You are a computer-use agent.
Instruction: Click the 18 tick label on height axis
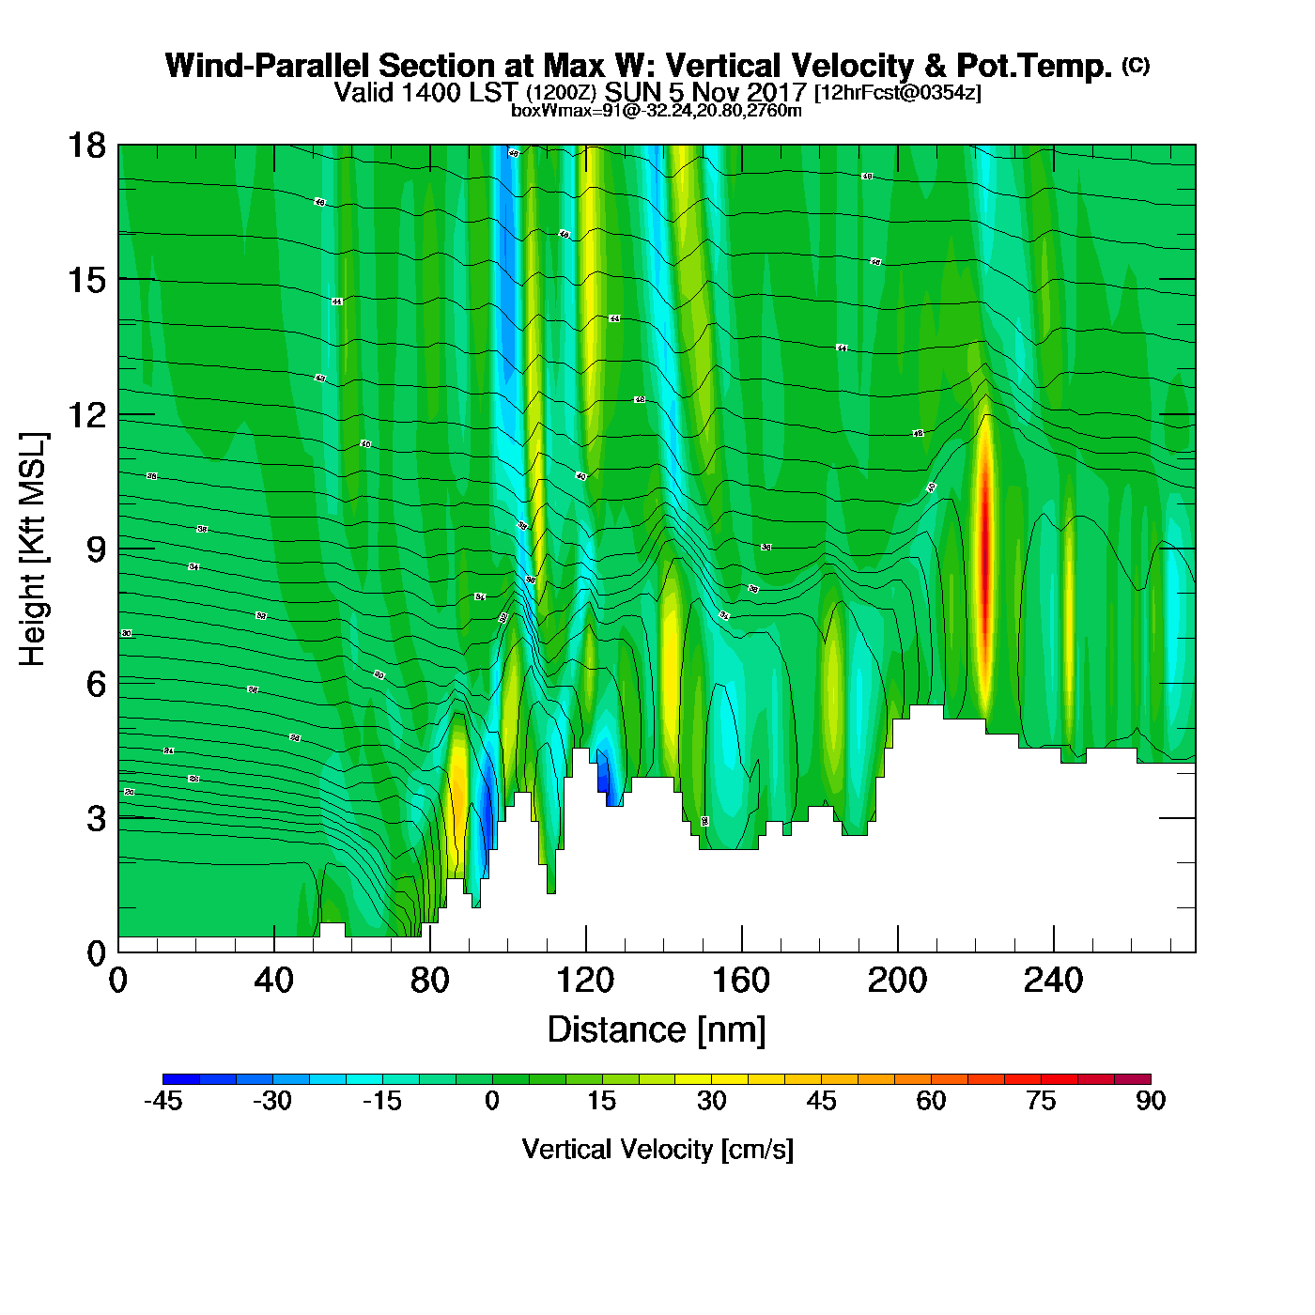tap(85, 146)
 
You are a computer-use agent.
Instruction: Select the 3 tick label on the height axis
tap(97, 819)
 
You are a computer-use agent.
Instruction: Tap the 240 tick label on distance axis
tap(1053, 982)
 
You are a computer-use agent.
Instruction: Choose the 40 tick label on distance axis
tap(273, 982)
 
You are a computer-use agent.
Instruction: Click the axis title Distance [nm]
tap(657, 1029)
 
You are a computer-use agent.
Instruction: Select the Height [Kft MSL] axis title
tap(33, 549)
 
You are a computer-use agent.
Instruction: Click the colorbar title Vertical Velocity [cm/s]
tap(657, 1149)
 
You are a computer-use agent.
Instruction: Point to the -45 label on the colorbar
tap(162, 1101)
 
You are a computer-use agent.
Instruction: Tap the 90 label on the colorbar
tap(1150, 1101)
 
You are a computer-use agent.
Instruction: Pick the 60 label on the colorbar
tap(931, 1101)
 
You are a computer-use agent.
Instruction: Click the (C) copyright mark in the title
tap(1136, 64)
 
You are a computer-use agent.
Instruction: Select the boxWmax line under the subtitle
tap(657, 111)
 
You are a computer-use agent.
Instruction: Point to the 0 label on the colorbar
tap(492, 1101)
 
